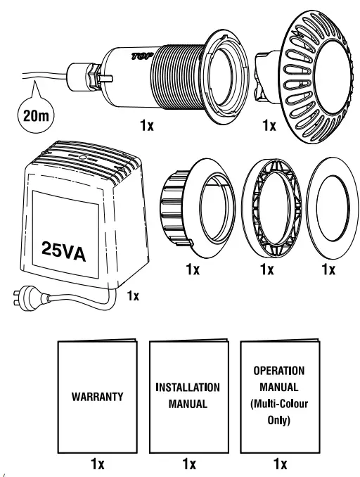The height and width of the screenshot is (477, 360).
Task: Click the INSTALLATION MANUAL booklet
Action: pos(188,396)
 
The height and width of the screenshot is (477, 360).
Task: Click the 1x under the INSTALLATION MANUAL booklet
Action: pos(188,464)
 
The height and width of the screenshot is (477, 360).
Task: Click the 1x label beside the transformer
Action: pos(133,296)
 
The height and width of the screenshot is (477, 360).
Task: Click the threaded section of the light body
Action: pos(176,77)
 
